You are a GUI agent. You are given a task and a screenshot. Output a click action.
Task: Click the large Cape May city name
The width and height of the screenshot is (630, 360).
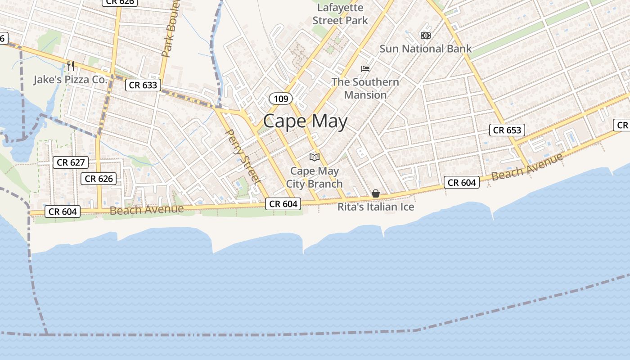(305, 121)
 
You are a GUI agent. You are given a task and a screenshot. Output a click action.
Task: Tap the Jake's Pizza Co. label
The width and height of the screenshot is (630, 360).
(71, 80)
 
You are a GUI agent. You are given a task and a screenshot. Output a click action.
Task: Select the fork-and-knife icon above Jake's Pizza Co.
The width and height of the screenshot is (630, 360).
(71, 66)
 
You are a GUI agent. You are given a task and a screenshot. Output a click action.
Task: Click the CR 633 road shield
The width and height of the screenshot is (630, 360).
(143, 85)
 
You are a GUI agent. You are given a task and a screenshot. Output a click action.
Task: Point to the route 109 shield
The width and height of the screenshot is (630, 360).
(281, 99)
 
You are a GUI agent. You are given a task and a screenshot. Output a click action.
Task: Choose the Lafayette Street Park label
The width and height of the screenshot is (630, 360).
(340, 14)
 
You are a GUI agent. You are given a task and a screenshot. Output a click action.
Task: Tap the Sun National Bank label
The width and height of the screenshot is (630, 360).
(425, 49)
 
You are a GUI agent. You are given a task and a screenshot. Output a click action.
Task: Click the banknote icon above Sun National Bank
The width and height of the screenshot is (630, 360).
(425, 35)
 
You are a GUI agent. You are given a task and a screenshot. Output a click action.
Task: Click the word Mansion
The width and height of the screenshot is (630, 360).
(365, 95)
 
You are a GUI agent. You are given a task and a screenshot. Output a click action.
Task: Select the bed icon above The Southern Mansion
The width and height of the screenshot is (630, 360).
(365, 68)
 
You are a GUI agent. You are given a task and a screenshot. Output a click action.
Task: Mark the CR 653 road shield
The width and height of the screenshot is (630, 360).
(507, 130)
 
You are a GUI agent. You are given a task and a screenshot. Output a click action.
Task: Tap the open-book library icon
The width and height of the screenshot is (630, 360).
(315, 157)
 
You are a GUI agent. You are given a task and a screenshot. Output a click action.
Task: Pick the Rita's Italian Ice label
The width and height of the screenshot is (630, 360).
(376, 207)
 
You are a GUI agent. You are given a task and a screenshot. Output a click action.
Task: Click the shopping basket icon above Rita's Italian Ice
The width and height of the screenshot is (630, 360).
(375, 193)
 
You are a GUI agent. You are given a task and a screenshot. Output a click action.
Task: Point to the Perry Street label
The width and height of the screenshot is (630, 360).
(243, 157)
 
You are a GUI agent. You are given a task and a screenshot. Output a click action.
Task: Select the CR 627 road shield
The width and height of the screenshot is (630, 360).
(71, 162)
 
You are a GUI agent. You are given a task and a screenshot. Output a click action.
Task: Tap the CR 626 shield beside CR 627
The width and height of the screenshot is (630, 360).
(99, 179)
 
